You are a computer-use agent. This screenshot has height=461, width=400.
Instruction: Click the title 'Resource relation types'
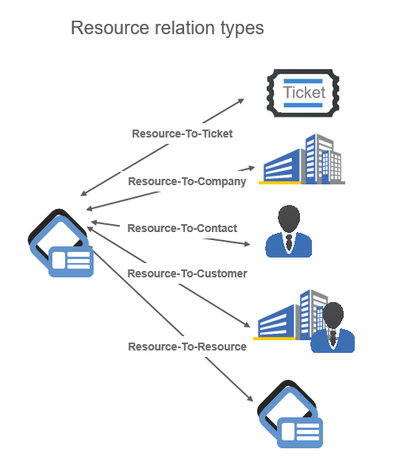click(x=167, y=29)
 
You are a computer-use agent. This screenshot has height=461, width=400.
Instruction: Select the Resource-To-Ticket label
click(x=183, y=134)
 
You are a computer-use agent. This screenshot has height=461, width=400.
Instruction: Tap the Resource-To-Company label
click(x=187, y=182)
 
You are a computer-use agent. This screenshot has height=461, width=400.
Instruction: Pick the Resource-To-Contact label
click(x=183, y=228)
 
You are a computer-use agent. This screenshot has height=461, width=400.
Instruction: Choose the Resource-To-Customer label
click(x=187, y=273)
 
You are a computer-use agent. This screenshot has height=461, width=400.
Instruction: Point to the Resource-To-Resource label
click(x=187, y=347)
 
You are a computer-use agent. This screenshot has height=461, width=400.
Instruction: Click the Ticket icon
click(x=303, y=93)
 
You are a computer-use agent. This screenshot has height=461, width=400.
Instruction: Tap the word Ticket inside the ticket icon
click(x=304, y=92)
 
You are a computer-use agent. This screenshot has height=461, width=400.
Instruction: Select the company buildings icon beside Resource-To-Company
click(x=302, y=159)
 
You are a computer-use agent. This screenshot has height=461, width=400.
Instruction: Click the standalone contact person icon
click(x=288, y=231)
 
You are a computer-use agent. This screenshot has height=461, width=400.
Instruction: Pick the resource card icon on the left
click(x=61, y=243)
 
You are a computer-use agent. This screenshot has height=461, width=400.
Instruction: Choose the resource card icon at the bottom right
click(x=290, y=414)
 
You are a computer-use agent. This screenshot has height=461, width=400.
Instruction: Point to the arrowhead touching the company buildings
click(x=252, y=168)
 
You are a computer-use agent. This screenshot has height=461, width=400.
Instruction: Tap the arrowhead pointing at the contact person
click(x=247, y=244)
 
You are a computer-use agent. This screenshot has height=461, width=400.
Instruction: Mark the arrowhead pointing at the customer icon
click(x=247, y=324)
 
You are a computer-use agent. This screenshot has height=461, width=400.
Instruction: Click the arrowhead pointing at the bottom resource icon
click(x=250, y=398)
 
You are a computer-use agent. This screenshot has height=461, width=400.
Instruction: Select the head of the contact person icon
click(x=289, y=219)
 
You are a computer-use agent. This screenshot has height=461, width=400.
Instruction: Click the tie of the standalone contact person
click(x=289, y=242)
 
